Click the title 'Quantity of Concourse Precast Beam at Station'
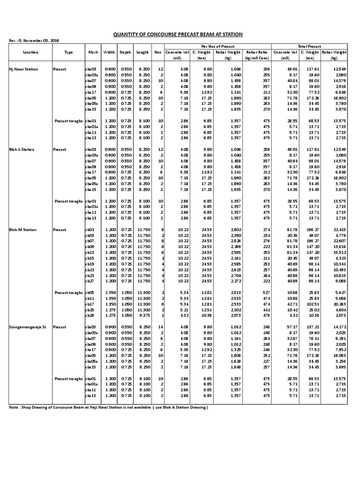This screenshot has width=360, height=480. click(179, 35)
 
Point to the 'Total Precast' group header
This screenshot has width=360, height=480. click(309, 46)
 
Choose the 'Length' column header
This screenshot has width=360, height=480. click(143, 52)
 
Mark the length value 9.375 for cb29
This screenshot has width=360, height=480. click(143, 315)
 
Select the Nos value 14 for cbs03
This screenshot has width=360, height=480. click(160, 326)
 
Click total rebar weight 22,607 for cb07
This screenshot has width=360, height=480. click(339, 241)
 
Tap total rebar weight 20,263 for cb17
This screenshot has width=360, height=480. click(339, 303)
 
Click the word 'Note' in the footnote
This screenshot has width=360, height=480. click(14, 407)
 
